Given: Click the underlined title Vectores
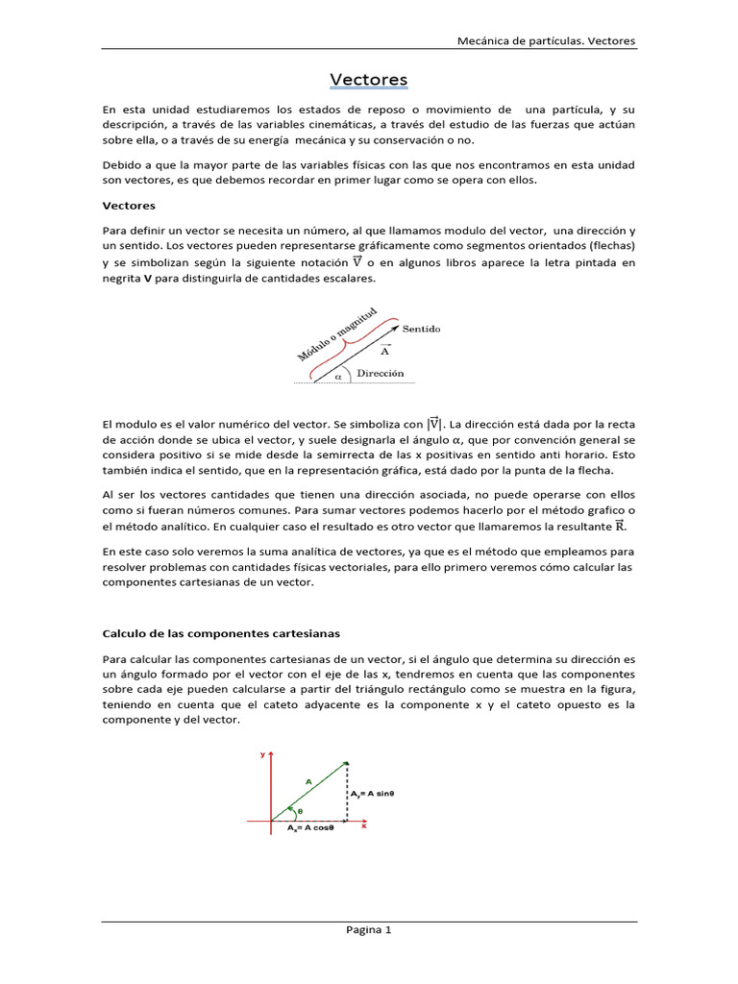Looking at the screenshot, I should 369,80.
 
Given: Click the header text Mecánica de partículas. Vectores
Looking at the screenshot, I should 545,41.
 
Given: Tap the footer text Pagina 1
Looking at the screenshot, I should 369,929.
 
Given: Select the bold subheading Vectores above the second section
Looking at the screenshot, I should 129,206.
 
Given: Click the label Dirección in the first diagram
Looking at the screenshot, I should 380,373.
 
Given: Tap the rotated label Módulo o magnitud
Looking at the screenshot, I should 335,335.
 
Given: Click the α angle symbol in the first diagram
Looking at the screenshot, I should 338,377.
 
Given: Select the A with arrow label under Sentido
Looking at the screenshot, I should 385,350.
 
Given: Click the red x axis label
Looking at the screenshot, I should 364,825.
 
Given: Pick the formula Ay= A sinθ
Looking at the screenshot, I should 374,794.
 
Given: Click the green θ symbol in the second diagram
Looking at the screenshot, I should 299,811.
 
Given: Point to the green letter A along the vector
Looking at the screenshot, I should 308,782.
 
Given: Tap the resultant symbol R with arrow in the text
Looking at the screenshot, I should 620,526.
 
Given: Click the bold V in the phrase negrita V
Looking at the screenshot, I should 148,279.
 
